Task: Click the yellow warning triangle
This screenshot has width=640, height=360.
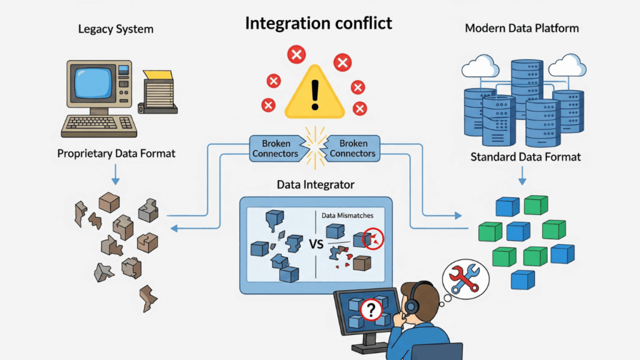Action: click(x=314, y=94)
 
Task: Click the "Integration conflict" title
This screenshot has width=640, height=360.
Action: click(x=319, y=24)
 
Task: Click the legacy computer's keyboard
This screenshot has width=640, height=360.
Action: click(x=98, y=125)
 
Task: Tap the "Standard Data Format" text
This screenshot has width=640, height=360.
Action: click(x=526, y=156)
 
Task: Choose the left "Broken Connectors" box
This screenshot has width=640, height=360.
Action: click(x=276, y=148)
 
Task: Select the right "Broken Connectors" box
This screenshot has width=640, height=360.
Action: click(x=352, y=148)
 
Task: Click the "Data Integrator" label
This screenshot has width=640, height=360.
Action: click(x=316, y=184)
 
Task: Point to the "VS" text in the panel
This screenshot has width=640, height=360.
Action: click(x=316, y=244)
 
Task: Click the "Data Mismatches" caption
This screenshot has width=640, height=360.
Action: click(x=347, y=216)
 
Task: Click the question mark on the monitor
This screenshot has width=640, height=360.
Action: click(x=371, y=310)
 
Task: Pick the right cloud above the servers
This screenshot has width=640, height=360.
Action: click(x=567, y=64)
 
